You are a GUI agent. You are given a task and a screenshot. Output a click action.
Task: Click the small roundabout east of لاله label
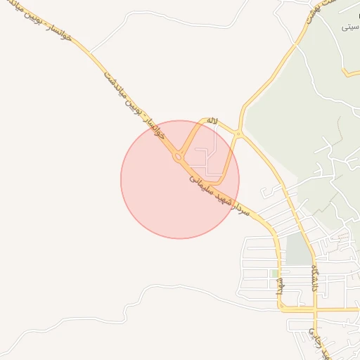[238, 134]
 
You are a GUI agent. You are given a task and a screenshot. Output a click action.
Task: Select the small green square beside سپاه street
[274, 273]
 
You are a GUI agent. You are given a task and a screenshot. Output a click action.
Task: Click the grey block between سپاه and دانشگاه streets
[298, 250]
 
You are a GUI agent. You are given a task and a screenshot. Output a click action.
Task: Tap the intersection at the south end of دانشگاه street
[314, 308]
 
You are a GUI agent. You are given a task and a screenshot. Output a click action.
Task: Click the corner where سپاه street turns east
[281, 307]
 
